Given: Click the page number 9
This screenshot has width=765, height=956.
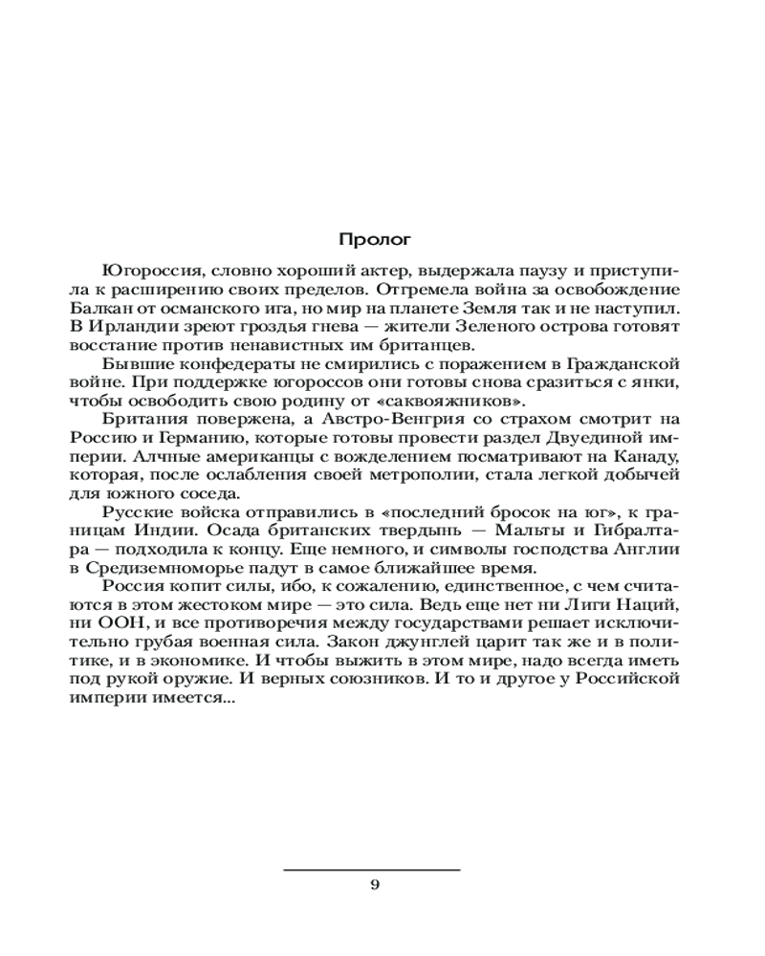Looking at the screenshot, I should click(x=374, y=884).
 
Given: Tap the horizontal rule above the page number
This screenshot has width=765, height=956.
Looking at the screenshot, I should click(x=374, y=869).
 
